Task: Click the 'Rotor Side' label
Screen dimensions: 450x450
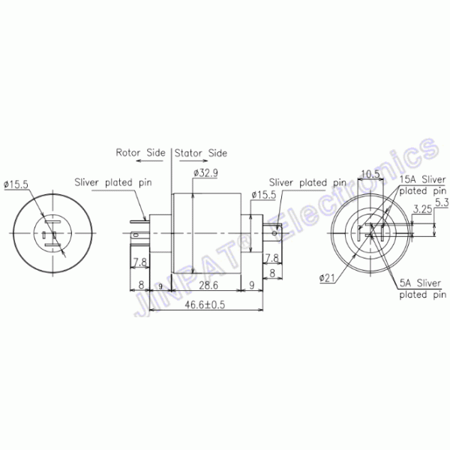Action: coord(140,152)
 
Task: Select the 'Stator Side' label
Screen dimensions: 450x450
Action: coord(201,152)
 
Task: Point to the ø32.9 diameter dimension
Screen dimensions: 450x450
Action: coord(205,173)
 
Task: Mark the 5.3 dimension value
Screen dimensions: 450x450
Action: coord(441,202)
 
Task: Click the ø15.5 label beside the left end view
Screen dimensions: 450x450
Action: coord(16,183)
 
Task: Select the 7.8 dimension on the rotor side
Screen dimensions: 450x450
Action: coord(139,262)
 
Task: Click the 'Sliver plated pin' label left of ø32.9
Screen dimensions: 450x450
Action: coord(112,182)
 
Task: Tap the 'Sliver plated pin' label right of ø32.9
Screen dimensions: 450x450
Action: coord(307,181)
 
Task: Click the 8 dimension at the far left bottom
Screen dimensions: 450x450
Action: coord(142,286)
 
